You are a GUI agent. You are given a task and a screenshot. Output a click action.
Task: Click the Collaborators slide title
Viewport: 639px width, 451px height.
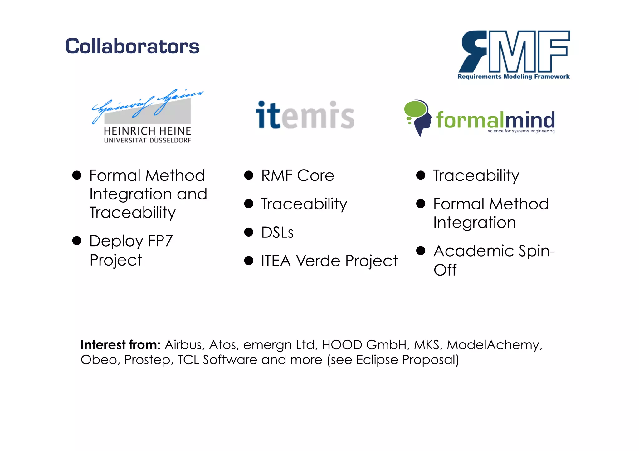132,46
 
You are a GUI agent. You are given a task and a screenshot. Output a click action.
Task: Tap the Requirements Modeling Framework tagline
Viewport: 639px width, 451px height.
514,77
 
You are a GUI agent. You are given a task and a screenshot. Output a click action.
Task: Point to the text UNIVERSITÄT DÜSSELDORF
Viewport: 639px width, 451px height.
147,141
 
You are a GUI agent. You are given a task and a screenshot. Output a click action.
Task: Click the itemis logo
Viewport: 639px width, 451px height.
305,115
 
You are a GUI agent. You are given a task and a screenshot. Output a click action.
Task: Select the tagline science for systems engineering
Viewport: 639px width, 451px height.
521,131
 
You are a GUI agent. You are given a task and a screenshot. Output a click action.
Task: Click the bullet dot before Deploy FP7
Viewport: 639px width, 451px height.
77,241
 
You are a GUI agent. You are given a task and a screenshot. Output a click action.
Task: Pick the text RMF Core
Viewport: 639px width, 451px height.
298,175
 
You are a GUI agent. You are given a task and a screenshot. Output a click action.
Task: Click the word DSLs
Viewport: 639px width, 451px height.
277,233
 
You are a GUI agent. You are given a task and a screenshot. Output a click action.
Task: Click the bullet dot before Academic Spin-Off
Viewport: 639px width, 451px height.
421,251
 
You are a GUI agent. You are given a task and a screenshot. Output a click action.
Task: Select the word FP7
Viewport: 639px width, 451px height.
160,241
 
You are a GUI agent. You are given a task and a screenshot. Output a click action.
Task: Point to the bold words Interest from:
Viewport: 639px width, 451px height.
120,345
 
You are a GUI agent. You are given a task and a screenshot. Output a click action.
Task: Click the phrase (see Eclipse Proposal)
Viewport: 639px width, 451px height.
393,360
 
